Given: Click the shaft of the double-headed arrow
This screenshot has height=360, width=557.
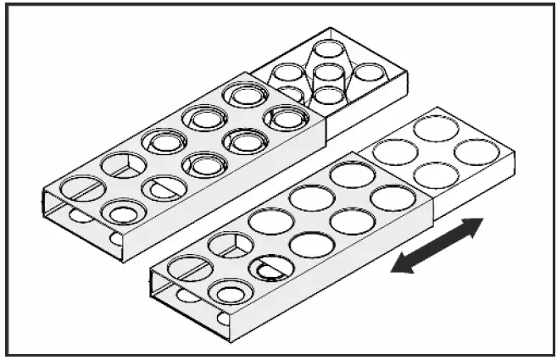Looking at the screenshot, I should tap(437, 246).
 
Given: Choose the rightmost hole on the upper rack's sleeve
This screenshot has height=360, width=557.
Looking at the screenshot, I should tap(286, 117).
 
